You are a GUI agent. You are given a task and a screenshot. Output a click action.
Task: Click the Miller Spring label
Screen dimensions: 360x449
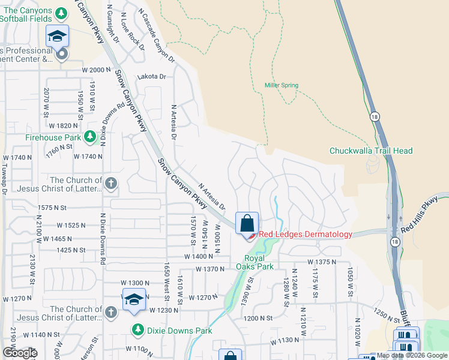(282, 85)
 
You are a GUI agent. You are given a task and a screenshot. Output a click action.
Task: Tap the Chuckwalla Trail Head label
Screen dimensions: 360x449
(371, 151)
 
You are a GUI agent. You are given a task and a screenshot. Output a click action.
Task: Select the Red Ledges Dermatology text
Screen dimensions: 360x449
(306, 235)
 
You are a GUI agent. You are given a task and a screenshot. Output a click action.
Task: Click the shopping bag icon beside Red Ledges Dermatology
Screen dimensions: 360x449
(247, 224)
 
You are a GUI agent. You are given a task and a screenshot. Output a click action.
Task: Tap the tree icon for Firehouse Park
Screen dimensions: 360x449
(90, 137)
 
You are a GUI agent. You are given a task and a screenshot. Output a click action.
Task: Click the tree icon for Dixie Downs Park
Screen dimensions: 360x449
(137, 330)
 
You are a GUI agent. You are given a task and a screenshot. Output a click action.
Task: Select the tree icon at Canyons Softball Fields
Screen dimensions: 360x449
(61, 13)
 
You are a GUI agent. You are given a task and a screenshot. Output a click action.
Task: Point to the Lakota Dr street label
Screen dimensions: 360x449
(151, 77)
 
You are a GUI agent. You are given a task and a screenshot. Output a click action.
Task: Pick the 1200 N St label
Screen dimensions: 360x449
(259, 318)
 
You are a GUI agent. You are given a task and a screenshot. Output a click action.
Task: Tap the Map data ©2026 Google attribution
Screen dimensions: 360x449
(411, 356)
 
